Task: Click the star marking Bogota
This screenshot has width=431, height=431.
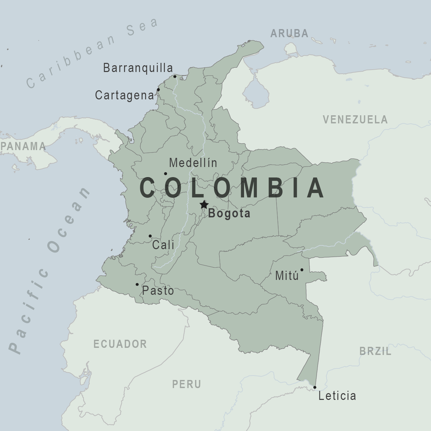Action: (204, 205)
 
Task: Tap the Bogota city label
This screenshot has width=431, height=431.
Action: (229, 213)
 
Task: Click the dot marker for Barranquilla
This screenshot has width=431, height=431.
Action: (175, 76)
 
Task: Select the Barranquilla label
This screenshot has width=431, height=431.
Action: (138, 68)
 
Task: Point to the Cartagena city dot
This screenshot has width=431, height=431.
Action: (158, 90)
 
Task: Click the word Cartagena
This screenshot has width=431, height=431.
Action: (124, 95)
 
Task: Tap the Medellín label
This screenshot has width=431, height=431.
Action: (193, 163)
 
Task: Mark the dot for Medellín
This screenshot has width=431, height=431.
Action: (165, 174)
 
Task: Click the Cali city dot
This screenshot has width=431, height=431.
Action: (150, 236)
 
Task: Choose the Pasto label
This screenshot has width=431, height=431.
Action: (158, 290)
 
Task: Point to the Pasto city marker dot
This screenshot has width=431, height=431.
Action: (137, 284)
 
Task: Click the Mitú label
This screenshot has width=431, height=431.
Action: (287, 276)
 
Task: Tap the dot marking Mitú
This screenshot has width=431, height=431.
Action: (302, 270)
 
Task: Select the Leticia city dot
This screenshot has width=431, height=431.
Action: (315, 387)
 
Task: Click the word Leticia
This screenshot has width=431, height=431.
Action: (337, 396)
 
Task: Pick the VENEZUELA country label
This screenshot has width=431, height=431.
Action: (355, 120)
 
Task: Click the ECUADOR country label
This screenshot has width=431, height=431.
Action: (120, 344)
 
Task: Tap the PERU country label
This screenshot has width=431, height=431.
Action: (187, 384)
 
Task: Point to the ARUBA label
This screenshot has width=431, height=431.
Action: (289, 33)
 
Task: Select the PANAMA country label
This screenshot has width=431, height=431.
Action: (23, 146)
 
